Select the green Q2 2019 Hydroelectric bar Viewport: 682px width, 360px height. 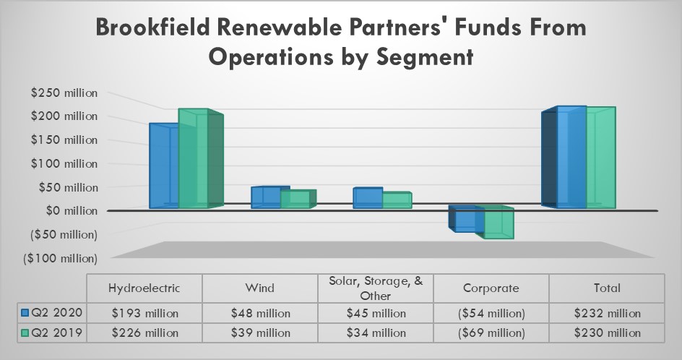[194, 159]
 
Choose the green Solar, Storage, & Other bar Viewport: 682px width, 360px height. [397, 200]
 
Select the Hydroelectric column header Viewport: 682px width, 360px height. [144, 288]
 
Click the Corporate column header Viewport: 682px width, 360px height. [491, 288]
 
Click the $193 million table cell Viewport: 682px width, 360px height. [144, 313]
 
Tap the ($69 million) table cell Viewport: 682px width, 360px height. [491, 333]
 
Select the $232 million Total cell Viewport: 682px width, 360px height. [607, 313]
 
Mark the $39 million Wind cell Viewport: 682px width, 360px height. [259, 333]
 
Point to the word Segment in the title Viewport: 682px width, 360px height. [422, 58]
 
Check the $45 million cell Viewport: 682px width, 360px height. [376, 313]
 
